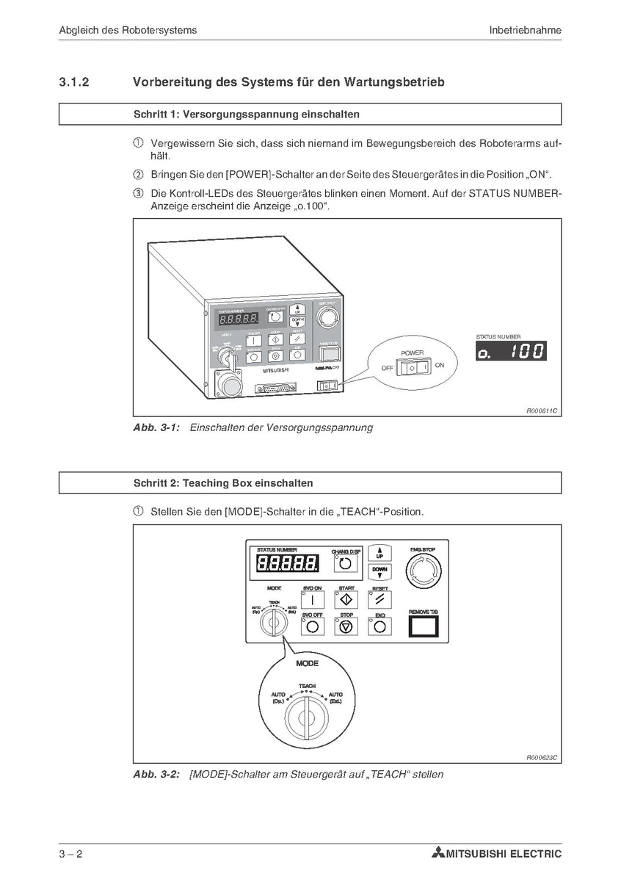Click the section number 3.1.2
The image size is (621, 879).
coord(73,83)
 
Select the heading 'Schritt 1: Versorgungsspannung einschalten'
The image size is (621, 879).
coord(246,115)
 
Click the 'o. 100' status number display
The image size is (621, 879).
coord(510,351)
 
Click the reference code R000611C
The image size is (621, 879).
coord(542,412)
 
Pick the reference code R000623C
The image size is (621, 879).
coord(542,757)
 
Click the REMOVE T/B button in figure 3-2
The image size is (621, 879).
coord(423,625)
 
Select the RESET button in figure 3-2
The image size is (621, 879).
coord(379,598)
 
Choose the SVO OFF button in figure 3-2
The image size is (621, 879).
coord(312,626)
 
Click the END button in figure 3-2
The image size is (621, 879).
coord(379,626)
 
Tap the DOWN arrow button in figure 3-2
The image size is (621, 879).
coord(379,572)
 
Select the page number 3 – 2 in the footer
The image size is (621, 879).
coord(73,853)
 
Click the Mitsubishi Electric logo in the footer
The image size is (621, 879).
coord(497,853)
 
